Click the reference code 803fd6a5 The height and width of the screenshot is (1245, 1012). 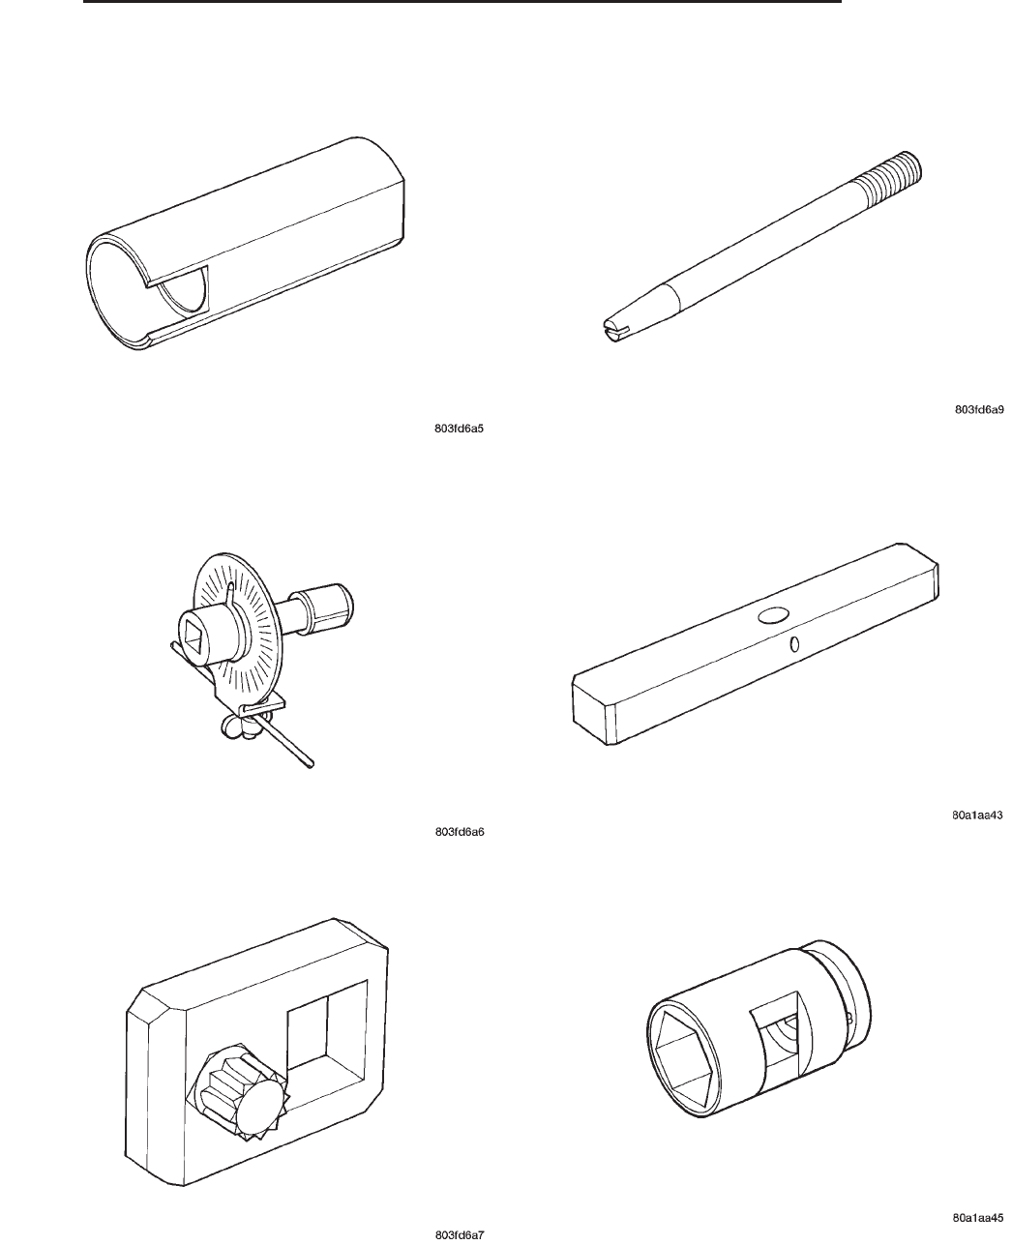click(459, 429)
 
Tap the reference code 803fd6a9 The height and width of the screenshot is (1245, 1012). click(979, 410)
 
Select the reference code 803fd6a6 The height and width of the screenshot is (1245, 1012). click(459, 832)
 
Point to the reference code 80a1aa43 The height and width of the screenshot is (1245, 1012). click(977, 815)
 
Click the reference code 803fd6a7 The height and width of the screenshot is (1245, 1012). click(459, 1235)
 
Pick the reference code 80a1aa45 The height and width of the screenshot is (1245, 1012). click(978, 1218)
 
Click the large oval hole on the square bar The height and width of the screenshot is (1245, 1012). click(773, 615)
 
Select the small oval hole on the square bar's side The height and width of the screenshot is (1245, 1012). click(794, 643)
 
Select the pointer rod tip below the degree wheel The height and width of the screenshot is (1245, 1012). click(310, 764)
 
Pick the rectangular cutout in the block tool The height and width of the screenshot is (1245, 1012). click(326, 1033)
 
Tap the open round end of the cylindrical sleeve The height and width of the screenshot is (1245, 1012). click(117, 292)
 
